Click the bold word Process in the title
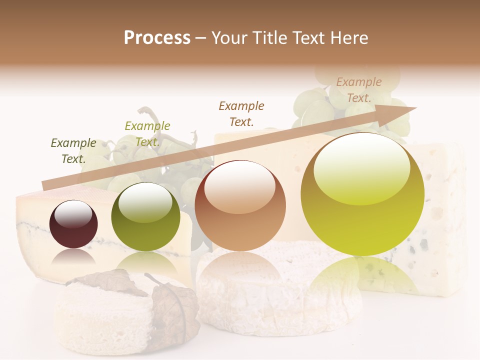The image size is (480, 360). point(157,37)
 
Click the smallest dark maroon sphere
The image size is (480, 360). point(73,224)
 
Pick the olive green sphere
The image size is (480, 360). point(145,216)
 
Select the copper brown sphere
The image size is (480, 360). point(240,206)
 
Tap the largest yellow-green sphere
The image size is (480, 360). point(362,195)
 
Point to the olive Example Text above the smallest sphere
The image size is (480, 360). point(73,151)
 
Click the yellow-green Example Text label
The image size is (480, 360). point(147,134)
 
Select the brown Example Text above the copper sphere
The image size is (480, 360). point(241,113)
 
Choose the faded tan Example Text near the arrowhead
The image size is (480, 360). point(358,90)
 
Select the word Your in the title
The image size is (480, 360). point(230,37)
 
